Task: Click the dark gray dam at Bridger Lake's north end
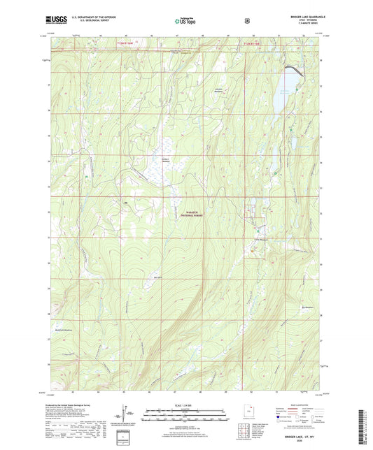290,67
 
